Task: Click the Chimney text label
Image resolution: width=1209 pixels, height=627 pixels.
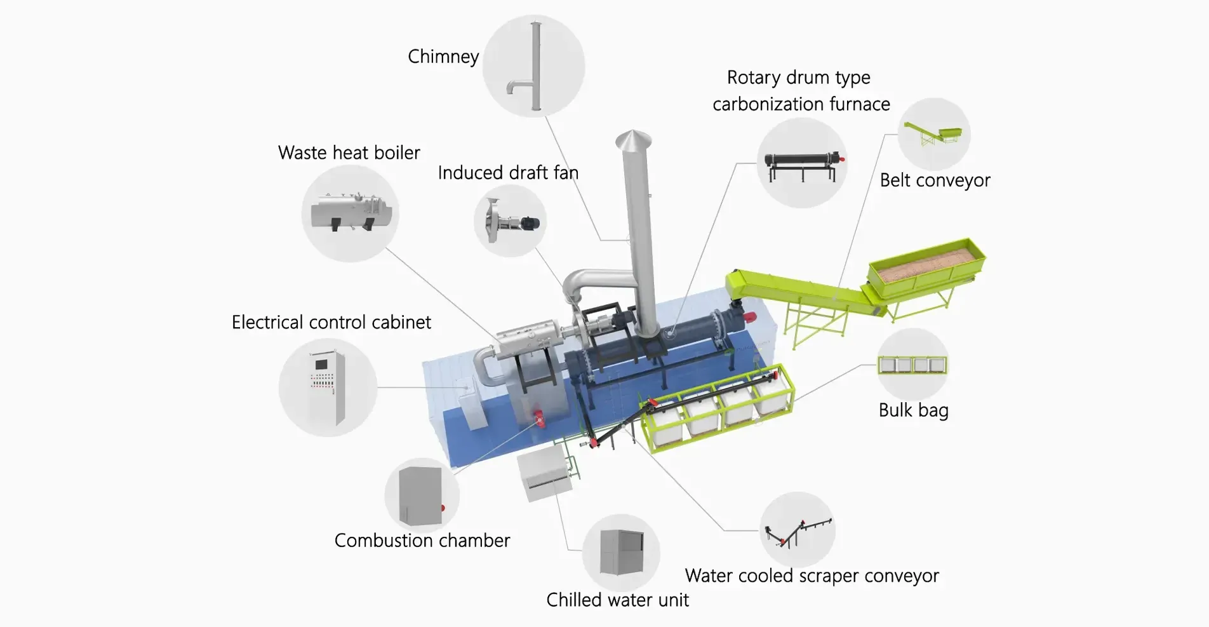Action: (443, 57)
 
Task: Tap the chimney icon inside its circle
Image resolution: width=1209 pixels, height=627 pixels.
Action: (534, 66)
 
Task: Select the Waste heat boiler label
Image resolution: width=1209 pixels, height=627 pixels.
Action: (349, 153)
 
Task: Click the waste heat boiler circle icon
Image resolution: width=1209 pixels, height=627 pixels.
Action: (350, 213)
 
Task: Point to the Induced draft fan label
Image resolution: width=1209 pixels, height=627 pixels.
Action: (507, 173)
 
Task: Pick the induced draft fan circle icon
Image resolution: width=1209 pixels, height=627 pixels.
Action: (510, 221)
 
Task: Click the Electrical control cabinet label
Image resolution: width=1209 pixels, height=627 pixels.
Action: (331, 323)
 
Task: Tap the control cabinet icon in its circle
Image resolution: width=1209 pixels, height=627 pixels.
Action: (328, 388)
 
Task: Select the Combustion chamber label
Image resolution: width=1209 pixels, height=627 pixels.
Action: (422, 541)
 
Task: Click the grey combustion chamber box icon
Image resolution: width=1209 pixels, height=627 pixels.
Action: (421, 496)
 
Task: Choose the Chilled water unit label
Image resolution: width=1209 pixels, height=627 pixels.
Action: (617, 600)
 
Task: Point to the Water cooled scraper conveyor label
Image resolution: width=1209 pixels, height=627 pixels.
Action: (812, 576)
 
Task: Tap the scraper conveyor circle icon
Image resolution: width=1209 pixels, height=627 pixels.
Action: (798, 530)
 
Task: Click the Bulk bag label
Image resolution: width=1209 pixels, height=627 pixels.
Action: (913, 410)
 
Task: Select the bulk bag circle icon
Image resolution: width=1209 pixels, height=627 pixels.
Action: (912, 365)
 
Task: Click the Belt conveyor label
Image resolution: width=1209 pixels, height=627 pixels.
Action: (935, 180)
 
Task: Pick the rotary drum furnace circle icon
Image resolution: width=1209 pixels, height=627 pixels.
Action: (803, 163)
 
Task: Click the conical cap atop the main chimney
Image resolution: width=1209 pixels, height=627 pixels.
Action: (633, 141)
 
